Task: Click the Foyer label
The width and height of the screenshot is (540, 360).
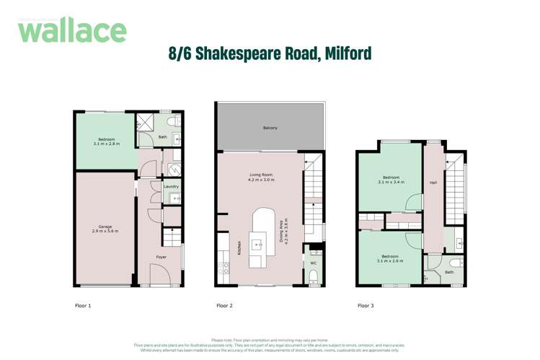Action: pyautogui.click(x=162, y=257)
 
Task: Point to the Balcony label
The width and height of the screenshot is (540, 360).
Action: pyautogui.click(x=270, y=128)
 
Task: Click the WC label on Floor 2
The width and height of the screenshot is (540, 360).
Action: pyautogui.click(x=314, y=263)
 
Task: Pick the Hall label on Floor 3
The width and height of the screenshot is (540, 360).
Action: pyautogui.click(x=433, y=183)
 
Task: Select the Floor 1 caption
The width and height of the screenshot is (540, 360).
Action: pyautogui.click(x=83, y=306)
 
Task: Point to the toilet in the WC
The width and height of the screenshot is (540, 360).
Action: pyautogui.click(x=314, y=276)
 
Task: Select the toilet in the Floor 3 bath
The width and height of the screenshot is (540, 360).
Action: pyautogui.click(x=453, y=263)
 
